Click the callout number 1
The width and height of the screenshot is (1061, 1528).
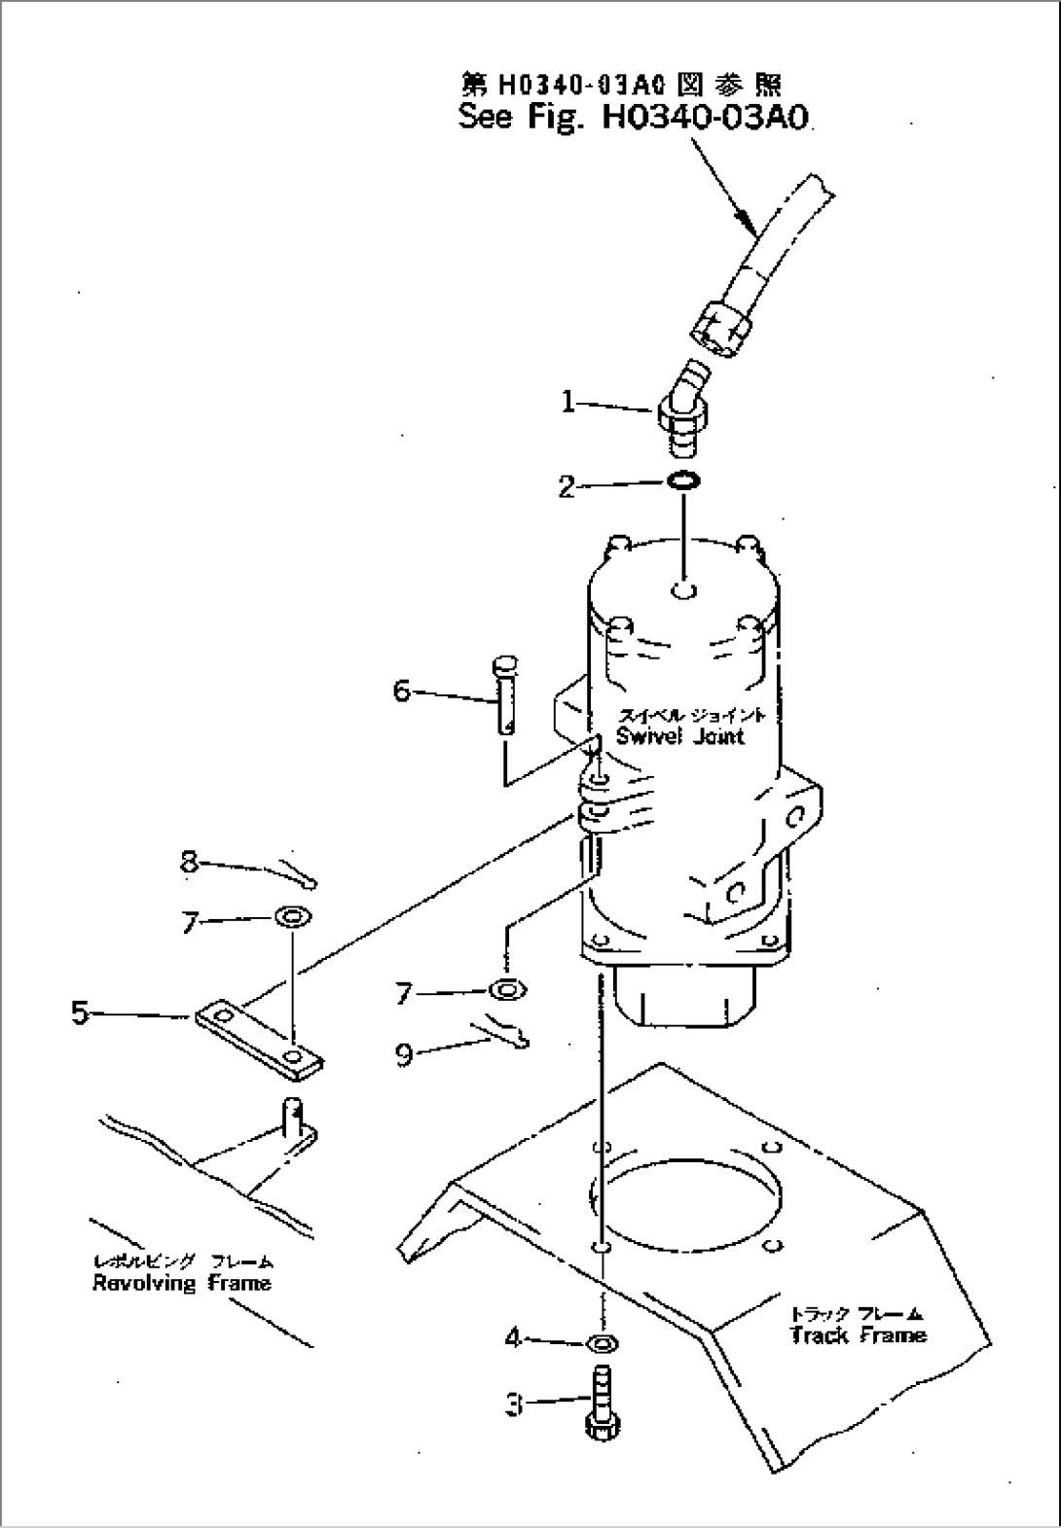tap(569, 402)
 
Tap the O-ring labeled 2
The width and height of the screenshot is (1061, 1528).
tap(685, 481)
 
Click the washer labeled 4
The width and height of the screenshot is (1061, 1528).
tap(603, 1344)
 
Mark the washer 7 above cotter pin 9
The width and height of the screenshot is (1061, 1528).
tap(507, 990)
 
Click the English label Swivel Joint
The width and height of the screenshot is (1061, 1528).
tap(679, 736)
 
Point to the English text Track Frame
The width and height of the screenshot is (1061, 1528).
tap(857, 1335)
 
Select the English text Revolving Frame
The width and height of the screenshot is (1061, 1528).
tap(181, 1283)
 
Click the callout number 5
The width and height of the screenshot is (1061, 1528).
tap(80, 1013)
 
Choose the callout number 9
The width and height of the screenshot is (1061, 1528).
tap(404, 1054)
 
